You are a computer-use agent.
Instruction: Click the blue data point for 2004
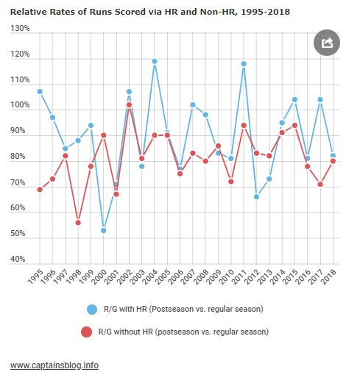155,61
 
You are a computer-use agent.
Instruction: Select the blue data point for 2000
104,230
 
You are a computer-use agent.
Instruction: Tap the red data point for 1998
78,223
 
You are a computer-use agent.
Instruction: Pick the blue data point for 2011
244,64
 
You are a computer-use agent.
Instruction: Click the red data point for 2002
129,105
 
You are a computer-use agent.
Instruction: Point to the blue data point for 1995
40,92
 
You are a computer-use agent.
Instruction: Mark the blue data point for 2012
256,196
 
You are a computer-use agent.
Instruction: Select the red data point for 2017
320,184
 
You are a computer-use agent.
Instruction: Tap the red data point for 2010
231,182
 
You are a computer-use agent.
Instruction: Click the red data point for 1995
40,189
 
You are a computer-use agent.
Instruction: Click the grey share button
327,43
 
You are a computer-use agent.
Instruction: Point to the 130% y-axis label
20,28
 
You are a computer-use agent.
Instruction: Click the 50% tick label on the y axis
18,233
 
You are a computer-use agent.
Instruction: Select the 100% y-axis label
20,104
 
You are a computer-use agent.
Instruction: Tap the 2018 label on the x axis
328,276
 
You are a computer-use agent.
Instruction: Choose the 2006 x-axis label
175,276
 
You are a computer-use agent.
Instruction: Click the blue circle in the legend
92,310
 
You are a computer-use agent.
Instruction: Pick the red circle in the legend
86,332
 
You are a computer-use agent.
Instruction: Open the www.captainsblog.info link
54,365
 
